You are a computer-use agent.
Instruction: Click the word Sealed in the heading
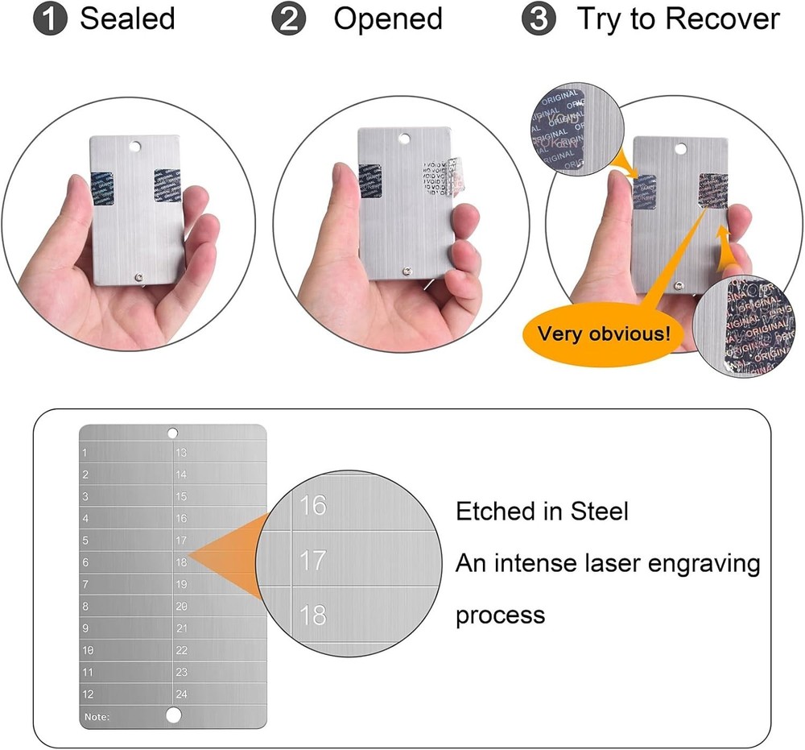[x=127, y=19]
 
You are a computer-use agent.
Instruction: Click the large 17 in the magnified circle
[x=312, y=560]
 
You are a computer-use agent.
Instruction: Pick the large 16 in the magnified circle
[x=312, y=506]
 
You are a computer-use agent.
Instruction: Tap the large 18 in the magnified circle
[x=312, y=615]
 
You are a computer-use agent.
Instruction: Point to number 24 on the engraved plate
[x=181, y=694]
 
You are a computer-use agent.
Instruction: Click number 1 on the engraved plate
[x=85, y=453]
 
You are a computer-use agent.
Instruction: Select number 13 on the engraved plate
[x=181, y=453]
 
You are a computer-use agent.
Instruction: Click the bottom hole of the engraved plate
[x=172, y=715]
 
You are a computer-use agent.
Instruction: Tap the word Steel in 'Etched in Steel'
[x=595, y=511]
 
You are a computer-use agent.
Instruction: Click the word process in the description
[x=500, y=616]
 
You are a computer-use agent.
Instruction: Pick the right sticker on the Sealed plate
[x=167, y=185]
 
